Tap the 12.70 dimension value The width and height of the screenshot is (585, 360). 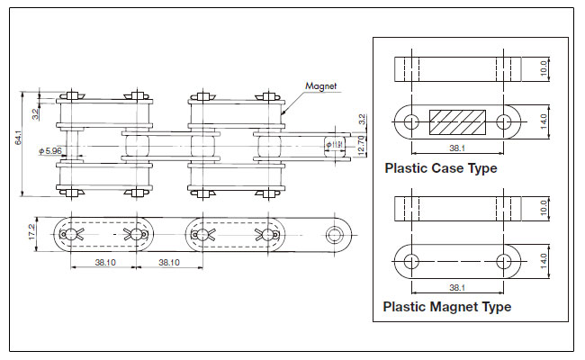(361, 144)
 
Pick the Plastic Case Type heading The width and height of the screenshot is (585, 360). (440, 167)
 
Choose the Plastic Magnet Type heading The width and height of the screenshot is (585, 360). (447, 306)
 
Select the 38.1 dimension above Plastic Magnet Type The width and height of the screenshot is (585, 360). (456, 287)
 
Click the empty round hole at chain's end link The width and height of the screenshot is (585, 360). (337, 234)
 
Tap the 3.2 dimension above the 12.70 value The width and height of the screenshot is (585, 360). (361, 119)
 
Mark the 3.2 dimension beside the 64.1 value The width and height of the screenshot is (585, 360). (34, 114)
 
